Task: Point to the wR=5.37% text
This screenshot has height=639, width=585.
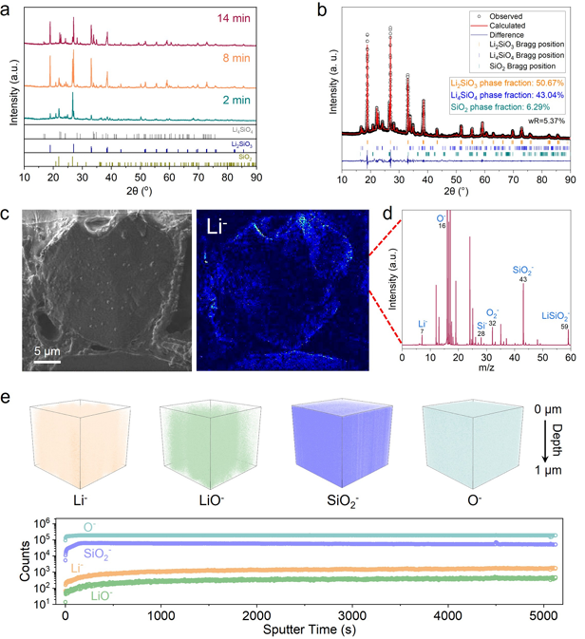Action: coord(547,122)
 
